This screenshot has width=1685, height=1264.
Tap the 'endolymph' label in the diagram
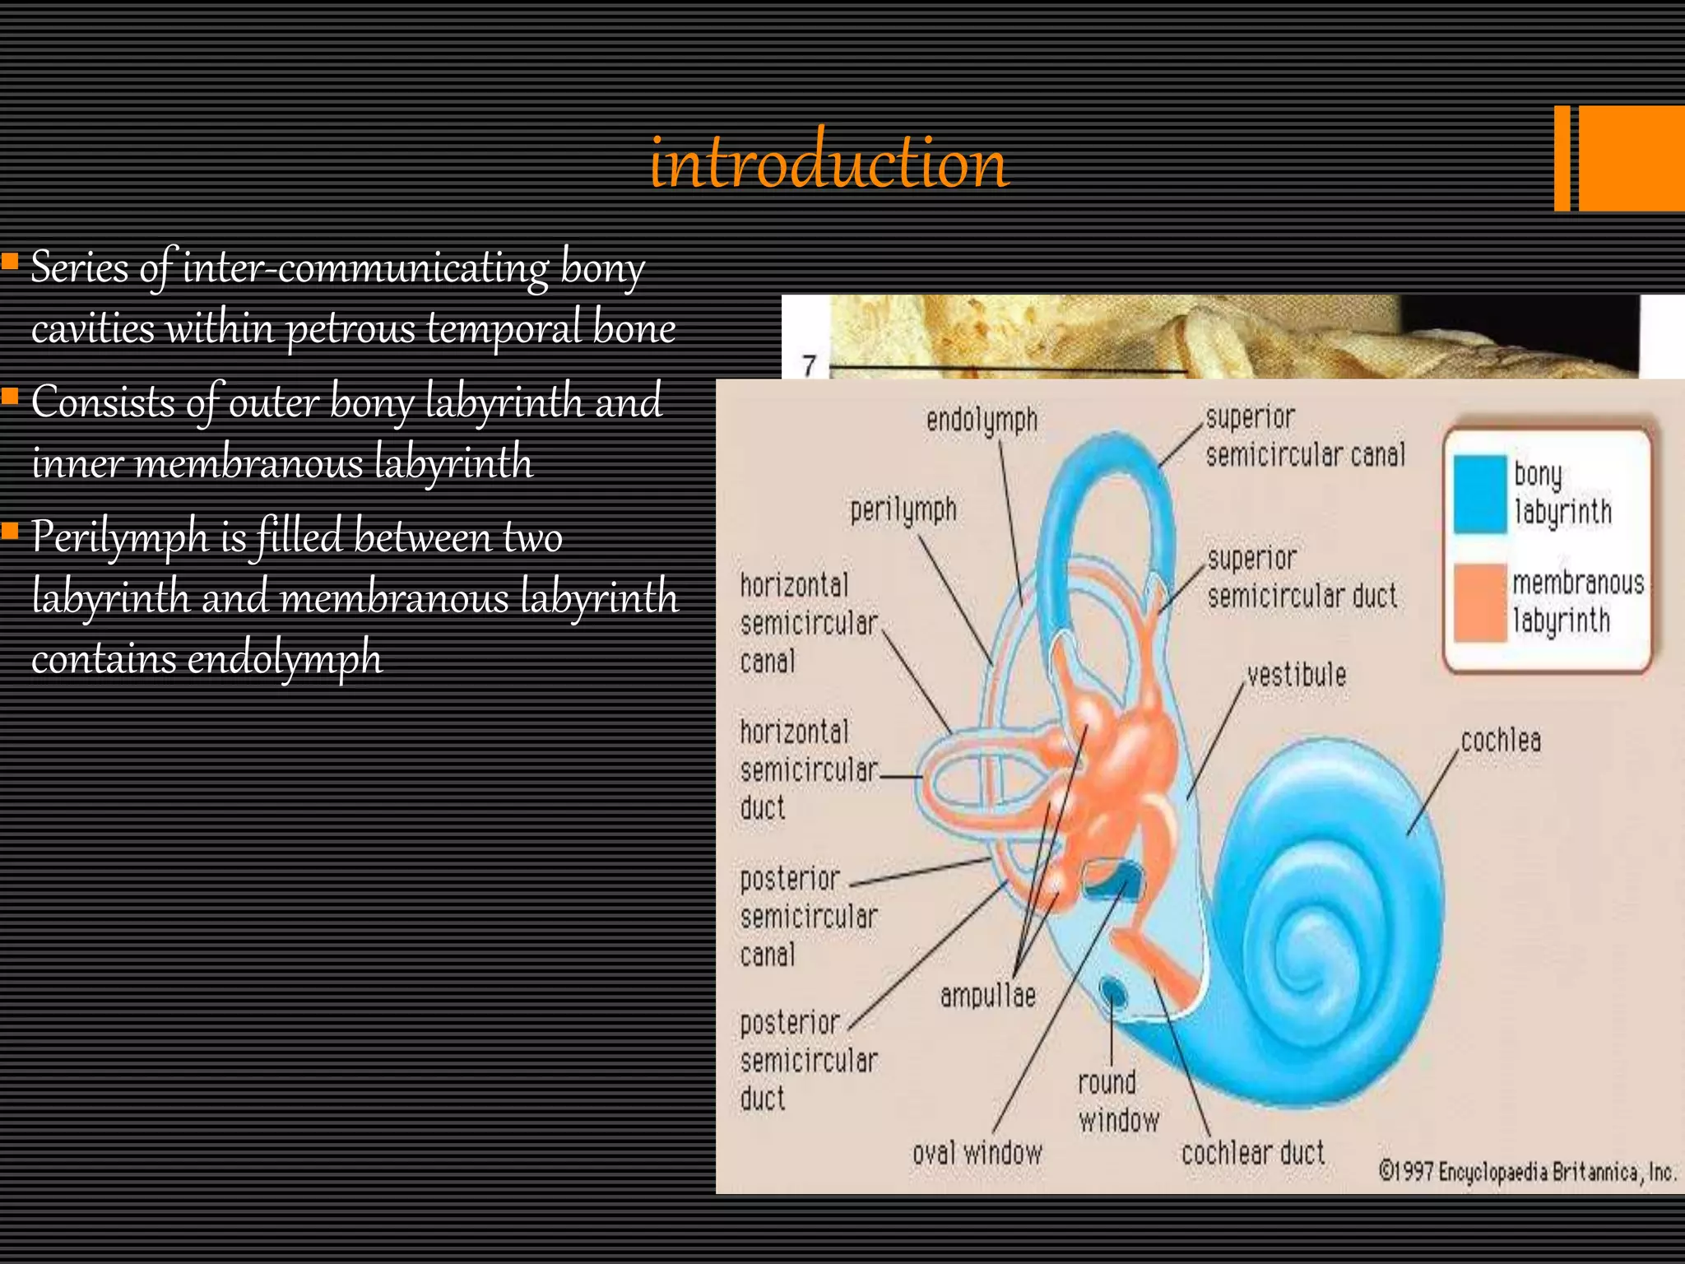[x=982, y=421]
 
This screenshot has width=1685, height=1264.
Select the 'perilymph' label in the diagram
[x=903, y=510]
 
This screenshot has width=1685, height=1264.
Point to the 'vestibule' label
[x=1297, y=676]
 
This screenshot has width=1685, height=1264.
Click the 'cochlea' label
[x=1501, y=741]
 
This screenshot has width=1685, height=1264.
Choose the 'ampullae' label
[x=987, y=996]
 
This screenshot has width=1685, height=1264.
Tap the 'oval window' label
[x=977, y=1153]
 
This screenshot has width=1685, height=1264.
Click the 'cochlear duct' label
[x=1253, y=1153]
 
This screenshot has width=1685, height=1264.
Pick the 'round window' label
[x=1118, y=1101]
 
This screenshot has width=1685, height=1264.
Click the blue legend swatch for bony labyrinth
[x=1479, y=494]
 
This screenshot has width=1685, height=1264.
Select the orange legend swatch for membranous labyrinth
[x=1479, y=602]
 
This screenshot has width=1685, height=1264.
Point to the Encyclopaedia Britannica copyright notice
[x=1527, y=1171]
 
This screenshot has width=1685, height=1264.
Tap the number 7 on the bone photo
[x=810, y=365]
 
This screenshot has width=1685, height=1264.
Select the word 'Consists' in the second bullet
[x=102, y=402]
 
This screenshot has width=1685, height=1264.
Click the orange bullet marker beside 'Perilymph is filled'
[x=11, y=531]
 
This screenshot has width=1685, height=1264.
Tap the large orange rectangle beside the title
[x=1632, y=158]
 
